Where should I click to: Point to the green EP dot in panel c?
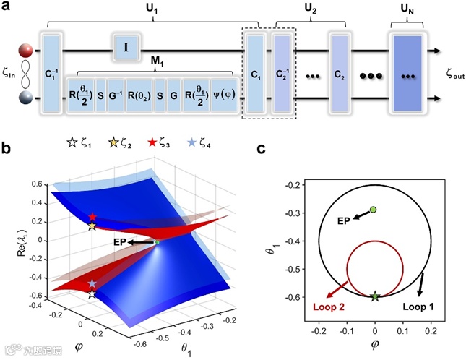click(x=373, y=210)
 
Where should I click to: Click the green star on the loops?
click(x=374, y=296)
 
